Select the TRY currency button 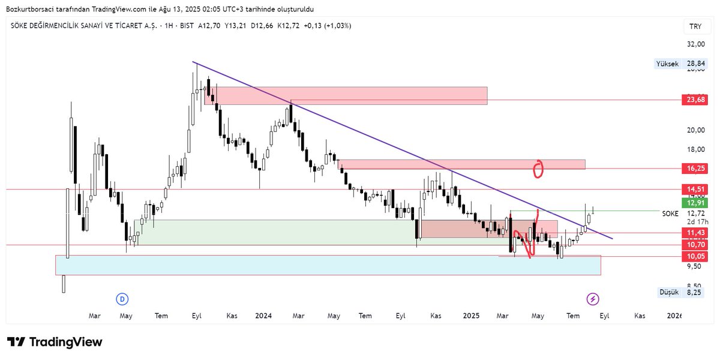click(x=695, y=27)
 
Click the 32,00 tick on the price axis click(x=695, y=44)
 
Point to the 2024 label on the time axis click(x=263, y=316)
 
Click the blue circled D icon click(x=122, y=299)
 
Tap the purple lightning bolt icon click(x=593, y=299)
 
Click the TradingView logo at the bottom click(x=55, y=342)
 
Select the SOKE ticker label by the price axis click(x=670, y=214)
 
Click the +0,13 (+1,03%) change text click(x=328, y=26)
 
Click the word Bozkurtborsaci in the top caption click(x=28, y=9)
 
